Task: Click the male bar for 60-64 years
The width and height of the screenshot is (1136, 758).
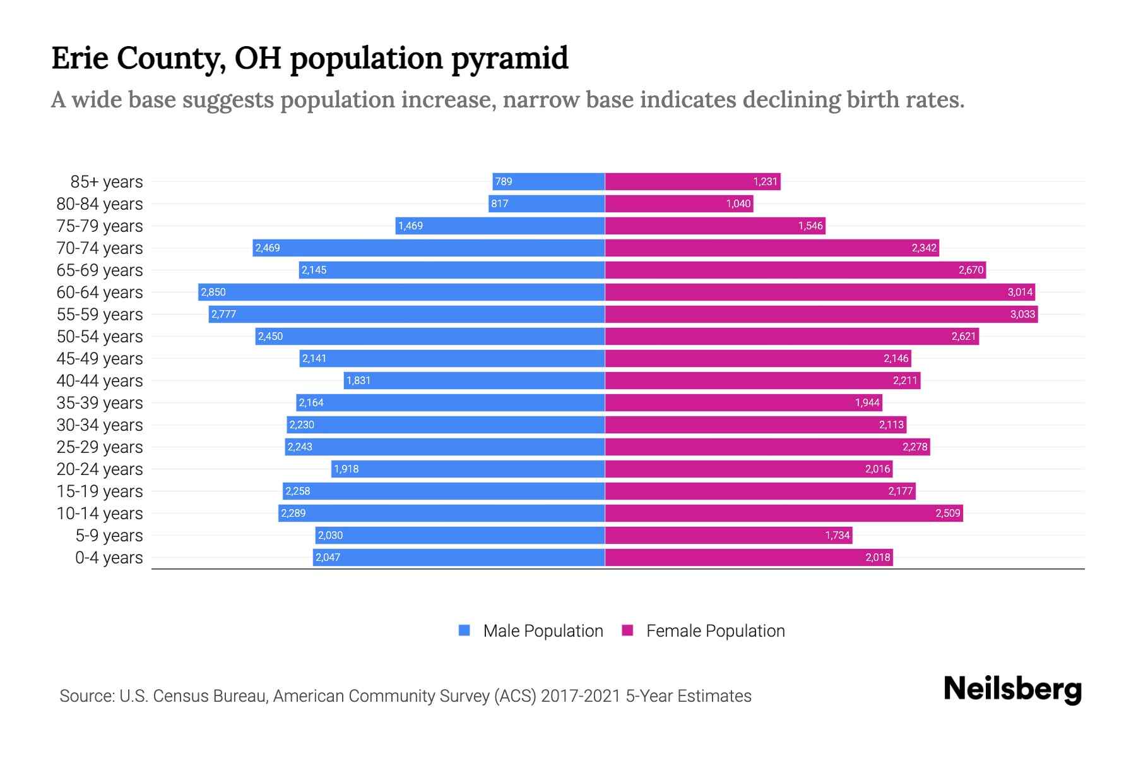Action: click(401, 292)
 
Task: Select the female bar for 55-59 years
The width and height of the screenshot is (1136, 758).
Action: click(820, 314)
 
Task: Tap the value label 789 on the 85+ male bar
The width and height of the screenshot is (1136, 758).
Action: click(504, 182)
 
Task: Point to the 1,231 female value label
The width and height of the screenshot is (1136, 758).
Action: click(765, 182)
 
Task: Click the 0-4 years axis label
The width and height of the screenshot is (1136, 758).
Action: click(109, 558)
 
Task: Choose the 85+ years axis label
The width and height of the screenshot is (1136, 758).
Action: click(106, 182)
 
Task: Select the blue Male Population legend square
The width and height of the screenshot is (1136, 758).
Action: click(464, 630)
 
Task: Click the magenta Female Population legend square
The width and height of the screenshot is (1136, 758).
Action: click(627, 630)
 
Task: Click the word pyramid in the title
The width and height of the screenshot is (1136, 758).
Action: click(509, 58)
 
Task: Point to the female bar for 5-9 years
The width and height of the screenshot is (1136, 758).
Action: click(728, 535)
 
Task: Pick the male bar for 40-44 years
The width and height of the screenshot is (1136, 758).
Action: click(475, 380)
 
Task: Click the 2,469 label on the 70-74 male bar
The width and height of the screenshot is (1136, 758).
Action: click(268, 248)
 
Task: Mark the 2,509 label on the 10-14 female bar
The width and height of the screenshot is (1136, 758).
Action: click(947, 514)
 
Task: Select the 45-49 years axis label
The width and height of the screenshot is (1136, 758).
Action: click(100, 359)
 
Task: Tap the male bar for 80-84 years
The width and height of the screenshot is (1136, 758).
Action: click(547, 203)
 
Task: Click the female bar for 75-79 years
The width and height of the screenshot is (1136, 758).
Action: click(715, 226)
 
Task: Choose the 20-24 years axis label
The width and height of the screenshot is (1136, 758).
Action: click(100, 469)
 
